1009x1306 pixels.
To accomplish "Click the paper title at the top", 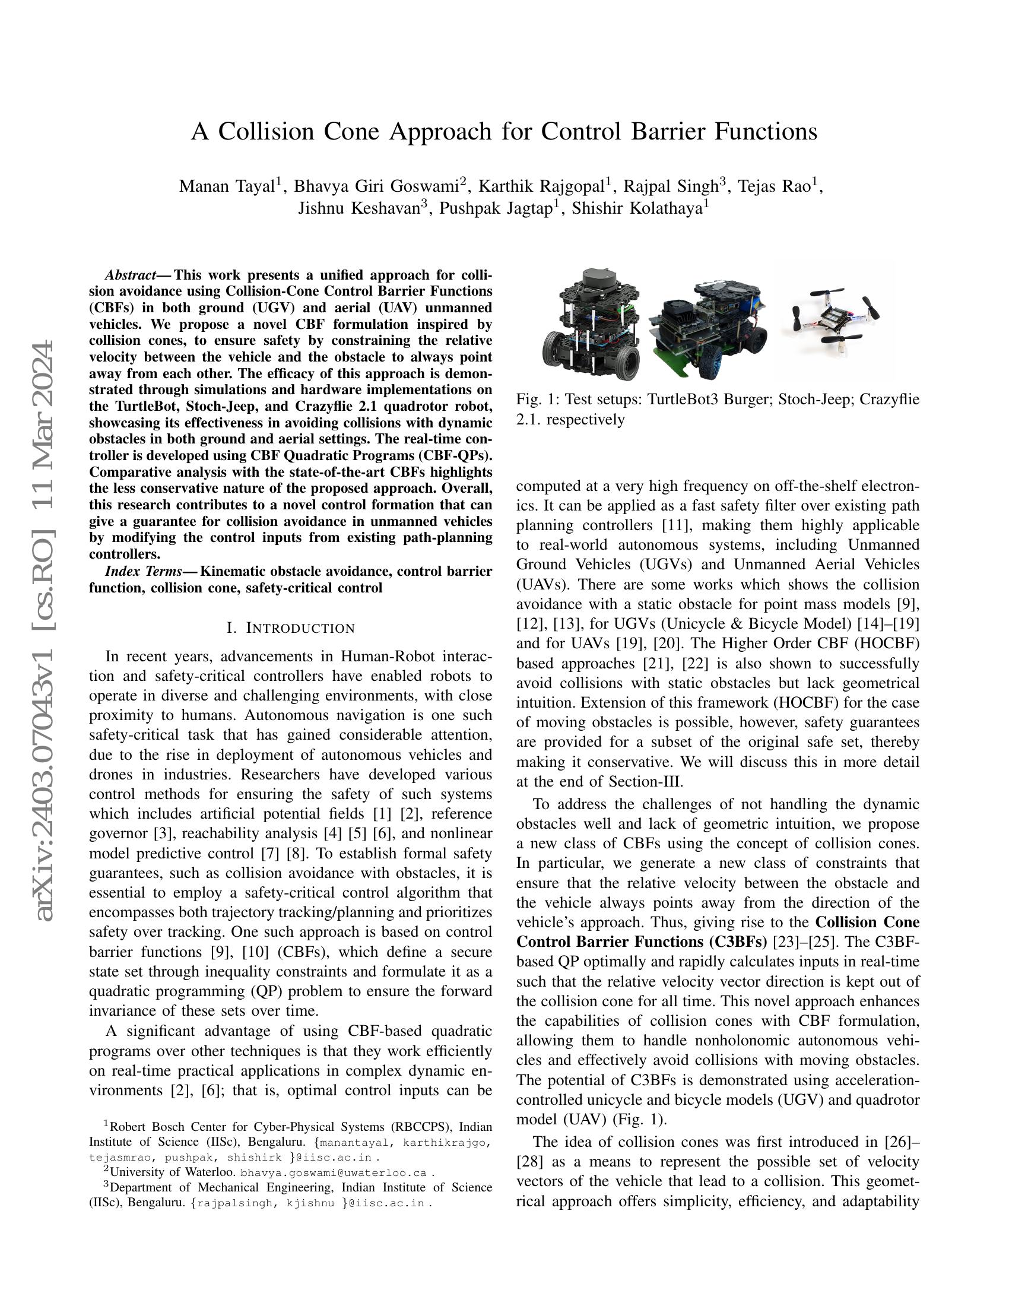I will click(504, 132).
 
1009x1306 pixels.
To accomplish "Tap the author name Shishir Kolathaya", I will click(637, 209).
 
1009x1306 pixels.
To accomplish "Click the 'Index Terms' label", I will click(143, 571).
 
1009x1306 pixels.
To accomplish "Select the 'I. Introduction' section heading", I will click(290, 628).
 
